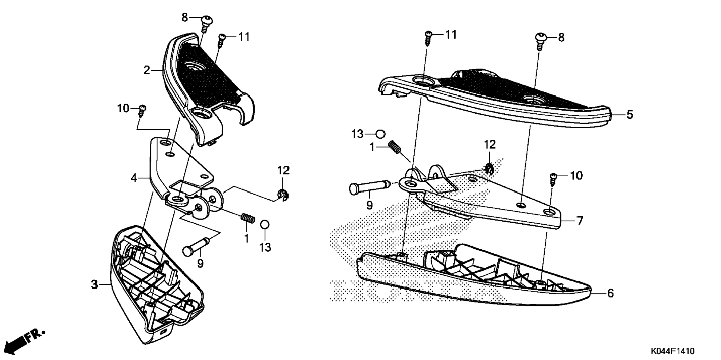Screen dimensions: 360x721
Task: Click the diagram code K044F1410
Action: tap(673, 351)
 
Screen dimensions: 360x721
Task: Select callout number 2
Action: tap(147, 70)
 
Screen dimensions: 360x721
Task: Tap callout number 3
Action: tap(95, 285)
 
